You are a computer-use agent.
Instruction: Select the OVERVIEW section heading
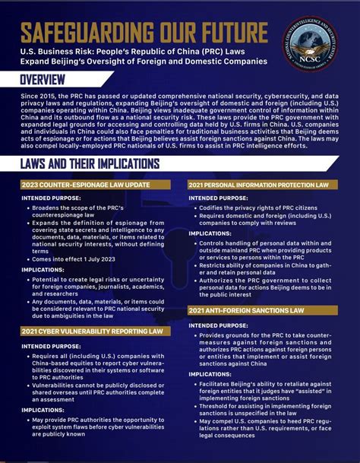(43, 79)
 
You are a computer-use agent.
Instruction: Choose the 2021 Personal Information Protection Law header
(258, 186)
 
